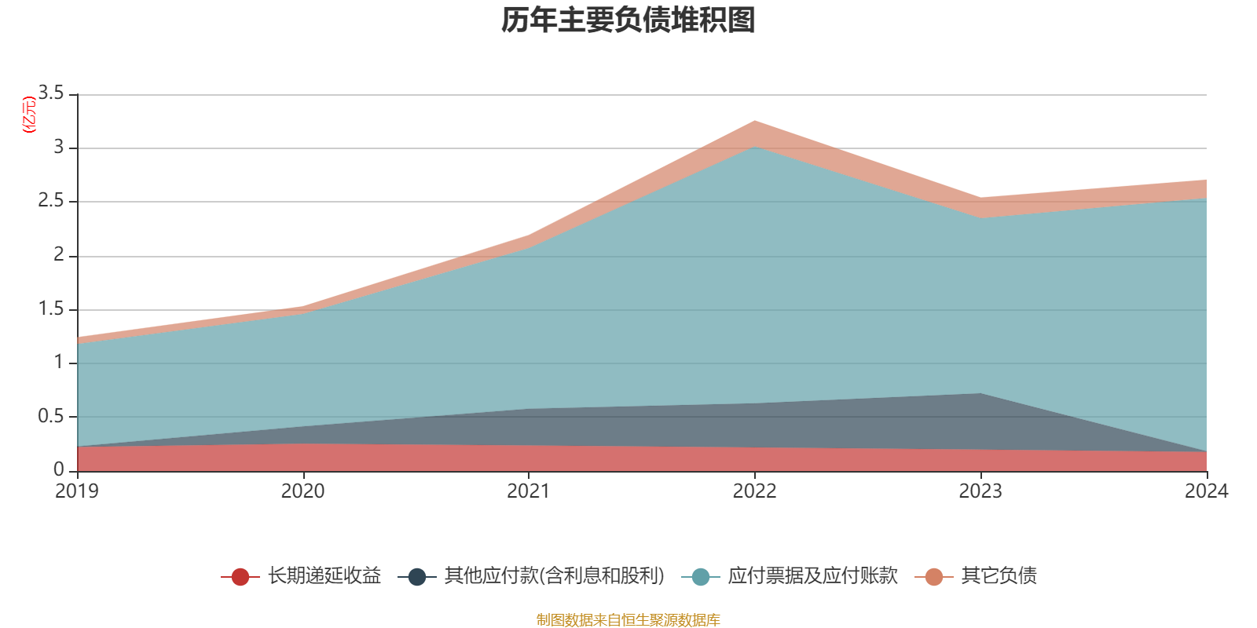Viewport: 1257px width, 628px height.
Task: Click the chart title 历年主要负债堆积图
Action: (628, 20)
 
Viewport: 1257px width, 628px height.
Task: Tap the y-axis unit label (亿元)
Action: (30, 115)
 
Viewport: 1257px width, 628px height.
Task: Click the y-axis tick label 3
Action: (58, 148)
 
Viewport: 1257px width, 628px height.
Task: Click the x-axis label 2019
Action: (77, 491)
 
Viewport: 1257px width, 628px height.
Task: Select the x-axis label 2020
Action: (302, 491)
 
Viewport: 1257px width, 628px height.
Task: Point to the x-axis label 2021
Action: (529, 491)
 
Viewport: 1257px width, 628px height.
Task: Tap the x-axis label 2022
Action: (754, 491)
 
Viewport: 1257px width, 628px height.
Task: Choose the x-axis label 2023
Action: (980, 491)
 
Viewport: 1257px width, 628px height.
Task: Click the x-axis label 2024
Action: (1206, 491)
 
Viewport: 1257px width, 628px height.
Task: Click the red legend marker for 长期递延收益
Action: (240, 577)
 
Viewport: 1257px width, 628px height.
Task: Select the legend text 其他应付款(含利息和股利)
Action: (554, 576)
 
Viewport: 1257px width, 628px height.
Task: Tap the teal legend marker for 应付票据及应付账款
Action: (701, 577)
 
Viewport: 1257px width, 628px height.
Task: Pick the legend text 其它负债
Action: (999, 576)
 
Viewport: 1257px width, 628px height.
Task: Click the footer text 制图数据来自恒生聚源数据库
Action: (628, 620)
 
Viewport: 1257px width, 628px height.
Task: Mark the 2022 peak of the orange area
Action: (755, 122)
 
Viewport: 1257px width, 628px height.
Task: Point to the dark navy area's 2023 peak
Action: (980, 394)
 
